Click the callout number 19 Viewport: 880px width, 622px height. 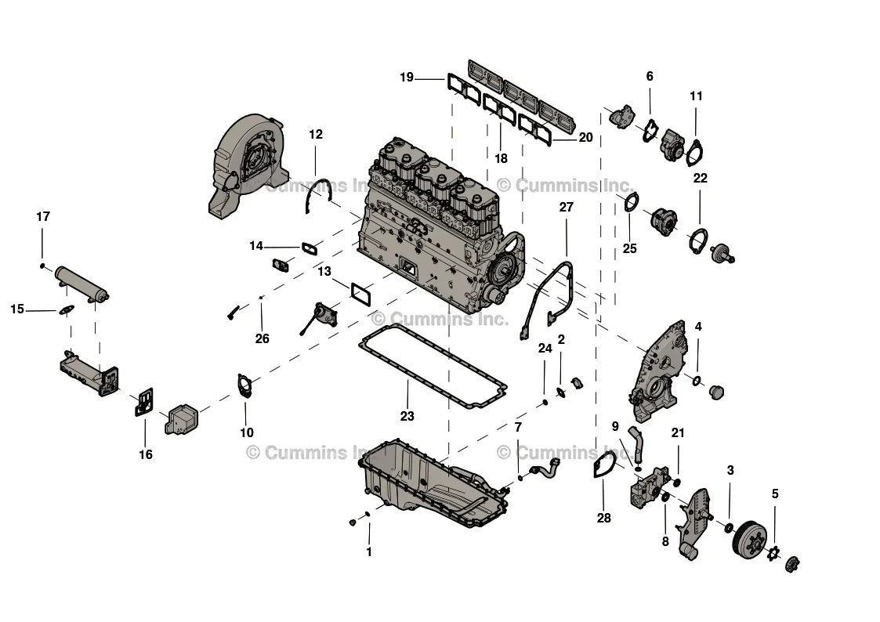point(406,77)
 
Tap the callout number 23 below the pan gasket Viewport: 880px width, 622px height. point(407,416)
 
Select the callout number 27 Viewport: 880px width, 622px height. point(566,207)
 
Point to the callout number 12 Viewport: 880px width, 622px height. point(315,134)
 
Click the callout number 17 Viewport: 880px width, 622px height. point(43,216)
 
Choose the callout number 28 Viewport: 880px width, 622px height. point(603,518)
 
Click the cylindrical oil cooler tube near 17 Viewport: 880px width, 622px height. point(80,284)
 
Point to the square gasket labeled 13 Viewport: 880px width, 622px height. point(360,294)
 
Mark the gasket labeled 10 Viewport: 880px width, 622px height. point(245,386)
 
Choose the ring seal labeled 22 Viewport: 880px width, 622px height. point(697,240)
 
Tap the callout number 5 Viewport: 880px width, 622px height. point(775,494)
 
